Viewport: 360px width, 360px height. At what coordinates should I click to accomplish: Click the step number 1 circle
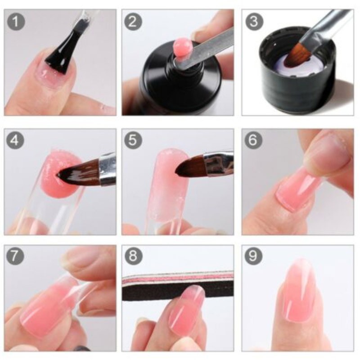click(16, 21)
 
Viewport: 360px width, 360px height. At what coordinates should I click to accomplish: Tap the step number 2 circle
click(133, 21)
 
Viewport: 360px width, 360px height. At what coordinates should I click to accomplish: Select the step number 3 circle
click(253, 21)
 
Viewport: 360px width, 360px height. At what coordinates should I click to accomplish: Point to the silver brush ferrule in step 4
click(108, 169)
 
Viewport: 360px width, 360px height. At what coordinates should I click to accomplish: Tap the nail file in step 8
click(178, 285)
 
